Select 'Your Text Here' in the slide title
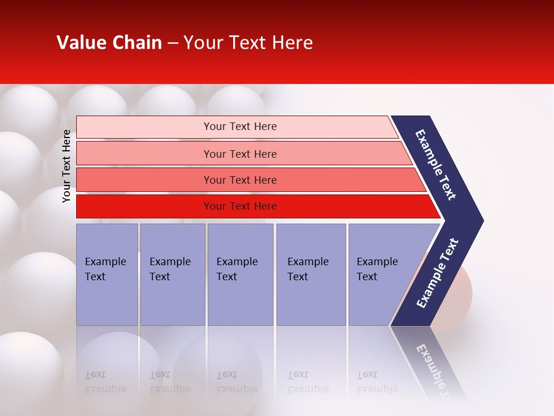(248, 43)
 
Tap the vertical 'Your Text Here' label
(66, 166)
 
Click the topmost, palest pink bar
(239, 127)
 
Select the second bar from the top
(239, 154)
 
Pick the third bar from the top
(239, 180)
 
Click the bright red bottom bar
(239, 206)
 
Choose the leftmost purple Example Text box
(107, 274)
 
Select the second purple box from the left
(173, 274)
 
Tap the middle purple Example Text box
(240, 274)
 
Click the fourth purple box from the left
(311, 274)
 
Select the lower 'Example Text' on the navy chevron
(437, 273)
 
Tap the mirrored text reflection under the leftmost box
(105, 382)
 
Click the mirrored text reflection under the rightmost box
(376, 382)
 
